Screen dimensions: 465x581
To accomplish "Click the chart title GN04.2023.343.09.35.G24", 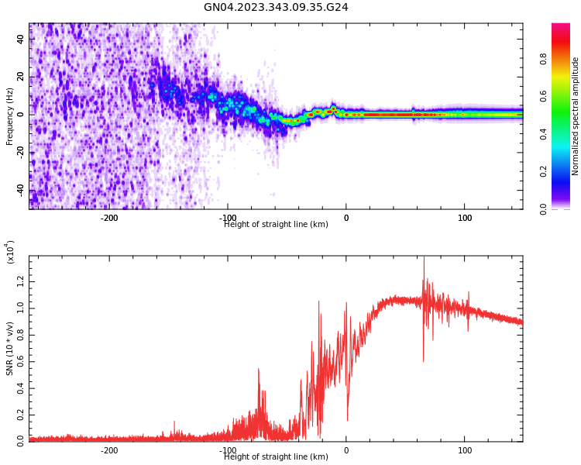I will [276, 7].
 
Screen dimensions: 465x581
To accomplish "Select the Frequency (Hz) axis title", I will [10, 116].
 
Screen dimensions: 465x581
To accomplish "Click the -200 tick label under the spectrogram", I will [109, 218].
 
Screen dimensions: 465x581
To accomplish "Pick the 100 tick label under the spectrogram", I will [465, 218].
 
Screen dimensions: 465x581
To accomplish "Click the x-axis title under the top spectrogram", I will [276, 225].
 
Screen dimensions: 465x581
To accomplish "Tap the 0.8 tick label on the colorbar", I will [566, 57].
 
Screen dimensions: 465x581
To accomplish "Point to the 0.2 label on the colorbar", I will [566, 171].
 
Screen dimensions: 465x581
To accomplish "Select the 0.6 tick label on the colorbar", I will [566, 95].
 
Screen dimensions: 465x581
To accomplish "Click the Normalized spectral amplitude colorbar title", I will [576, 116].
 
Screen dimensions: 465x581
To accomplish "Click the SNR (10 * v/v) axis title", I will [10, 349].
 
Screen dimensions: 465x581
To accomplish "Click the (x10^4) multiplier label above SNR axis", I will [11, 252].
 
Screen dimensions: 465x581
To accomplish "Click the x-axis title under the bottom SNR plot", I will [276, 457].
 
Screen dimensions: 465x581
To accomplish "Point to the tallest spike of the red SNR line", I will [424, 258].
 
